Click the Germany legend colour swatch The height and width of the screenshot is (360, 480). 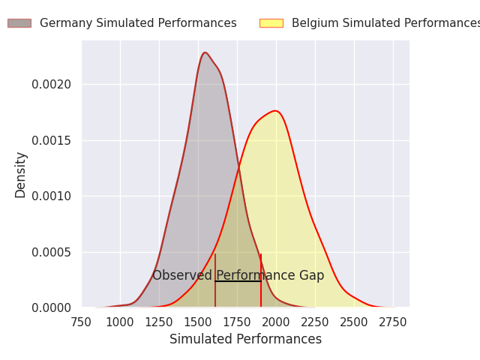pos(19,23)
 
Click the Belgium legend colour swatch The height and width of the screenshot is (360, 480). pos(271,23)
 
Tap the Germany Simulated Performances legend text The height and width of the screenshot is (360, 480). pos(138,23)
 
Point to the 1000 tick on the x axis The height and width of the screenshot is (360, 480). pos(120,322)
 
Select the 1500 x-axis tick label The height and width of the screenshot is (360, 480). pos(198,322)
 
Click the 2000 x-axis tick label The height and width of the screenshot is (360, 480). pos(276,322)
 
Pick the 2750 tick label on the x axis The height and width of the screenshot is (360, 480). pos(393,322)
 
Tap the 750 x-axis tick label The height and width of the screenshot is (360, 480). pos(81,322)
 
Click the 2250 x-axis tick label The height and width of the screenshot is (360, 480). pos(315,322)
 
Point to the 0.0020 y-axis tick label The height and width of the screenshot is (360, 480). pos(52,85)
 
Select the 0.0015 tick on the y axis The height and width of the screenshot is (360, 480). pos(52,140)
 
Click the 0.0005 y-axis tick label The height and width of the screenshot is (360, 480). pos(52,252)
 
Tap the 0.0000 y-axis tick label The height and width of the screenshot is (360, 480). pos(52,307)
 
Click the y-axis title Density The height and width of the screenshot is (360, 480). pos(21,174)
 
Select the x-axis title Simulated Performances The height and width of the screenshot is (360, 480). pos(245,340)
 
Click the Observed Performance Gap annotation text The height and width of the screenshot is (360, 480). pos(238,275)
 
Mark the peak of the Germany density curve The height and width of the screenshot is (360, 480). pos(205,52)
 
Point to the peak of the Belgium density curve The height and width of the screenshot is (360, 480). pos(276,111)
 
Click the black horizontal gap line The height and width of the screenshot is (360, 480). pos(238,281)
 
